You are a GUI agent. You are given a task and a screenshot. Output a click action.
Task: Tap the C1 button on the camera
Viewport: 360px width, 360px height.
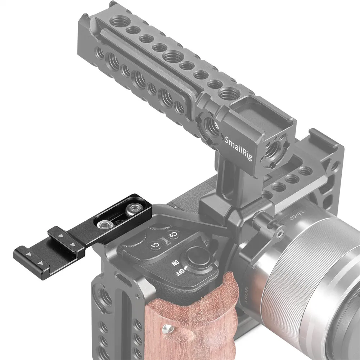click(x=156, y=246)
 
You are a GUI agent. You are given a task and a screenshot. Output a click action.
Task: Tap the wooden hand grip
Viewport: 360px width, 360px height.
click(x=173, y=317)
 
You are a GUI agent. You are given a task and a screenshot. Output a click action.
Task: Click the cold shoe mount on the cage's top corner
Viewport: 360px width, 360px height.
click(x=317, y=144)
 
